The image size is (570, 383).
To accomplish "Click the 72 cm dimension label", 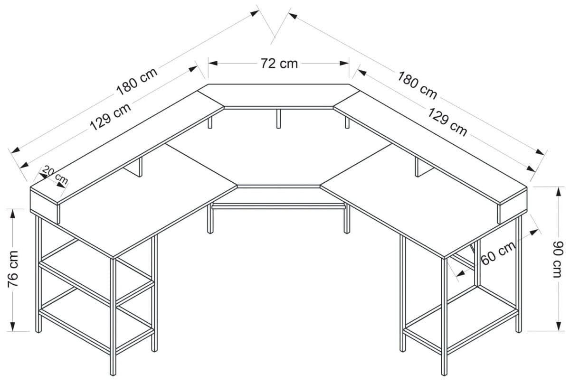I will coord(279,63).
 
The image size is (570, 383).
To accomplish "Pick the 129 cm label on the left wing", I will coord(110,117).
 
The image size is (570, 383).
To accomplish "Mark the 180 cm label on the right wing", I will coord(417,85).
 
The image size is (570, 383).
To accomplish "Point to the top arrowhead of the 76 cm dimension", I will coord(13,212).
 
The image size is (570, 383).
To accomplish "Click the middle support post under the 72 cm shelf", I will coord(278,118).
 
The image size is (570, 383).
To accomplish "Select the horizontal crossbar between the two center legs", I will coord(278,207).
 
